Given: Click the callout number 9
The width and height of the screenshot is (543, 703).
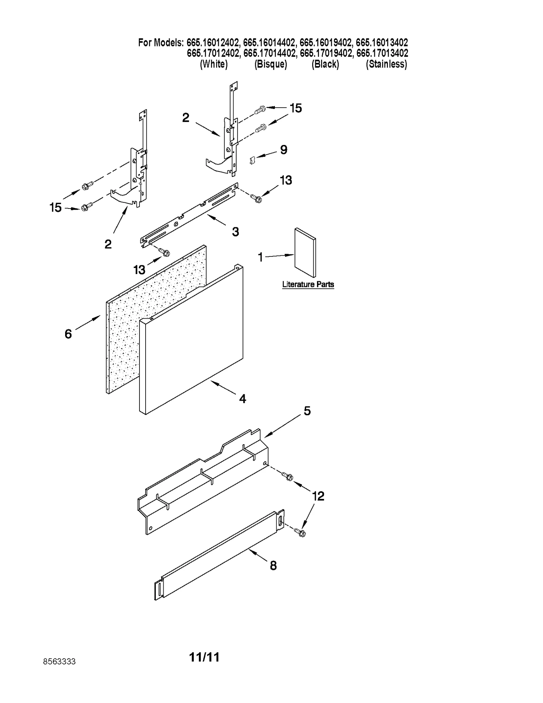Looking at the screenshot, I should tap(284, 149).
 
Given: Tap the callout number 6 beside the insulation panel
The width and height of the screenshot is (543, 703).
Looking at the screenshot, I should tap(68, 334).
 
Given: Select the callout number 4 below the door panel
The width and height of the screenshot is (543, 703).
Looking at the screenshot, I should tap(242, 398).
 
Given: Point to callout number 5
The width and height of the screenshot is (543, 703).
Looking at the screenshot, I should tap(307, 411).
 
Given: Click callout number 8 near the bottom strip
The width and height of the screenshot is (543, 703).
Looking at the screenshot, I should tap(273, 565).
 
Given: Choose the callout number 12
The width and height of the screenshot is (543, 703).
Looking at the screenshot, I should tap(318, 496).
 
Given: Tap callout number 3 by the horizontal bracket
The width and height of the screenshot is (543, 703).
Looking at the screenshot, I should tap(236, 232).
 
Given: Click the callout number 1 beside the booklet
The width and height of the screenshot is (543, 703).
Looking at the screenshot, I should tap(260, 257).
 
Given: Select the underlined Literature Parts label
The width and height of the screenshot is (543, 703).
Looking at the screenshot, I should tap(308, 284).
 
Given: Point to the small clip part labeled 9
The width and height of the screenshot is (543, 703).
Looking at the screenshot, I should tap(252, 160).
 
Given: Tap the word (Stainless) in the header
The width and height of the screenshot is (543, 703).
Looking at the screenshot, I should tap(386, 64).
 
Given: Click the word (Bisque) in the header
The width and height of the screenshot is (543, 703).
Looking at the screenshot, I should tap(270, 64).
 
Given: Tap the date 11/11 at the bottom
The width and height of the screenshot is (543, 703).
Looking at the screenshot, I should tap(204, 657).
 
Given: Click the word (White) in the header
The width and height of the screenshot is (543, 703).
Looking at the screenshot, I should tap(214, 64).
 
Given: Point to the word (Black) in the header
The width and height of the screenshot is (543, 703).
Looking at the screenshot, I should tap(325, 64).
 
